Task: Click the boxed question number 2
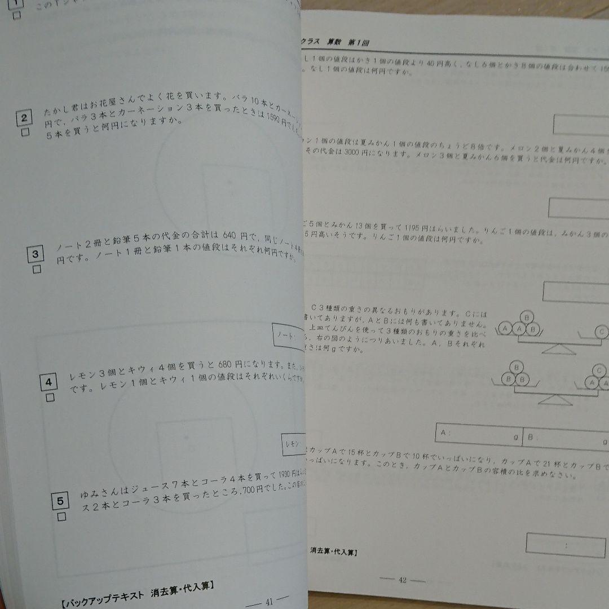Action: pyautogui.click(x=24, y=118)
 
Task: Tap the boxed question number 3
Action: pyautogui.click(x=36, y=255)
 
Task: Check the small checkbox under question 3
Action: pyautogui.click(x=37, y=270)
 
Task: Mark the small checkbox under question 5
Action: pyautogui.click(x=61, y=517)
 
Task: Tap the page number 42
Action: pyautogui.click(x=402, y=579)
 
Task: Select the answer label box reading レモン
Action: pyautogui.click(x=293, y=443)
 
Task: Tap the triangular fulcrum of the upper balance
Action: pyautogui.click(x=558, y=349)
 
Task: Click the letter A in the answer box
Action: pyautogui.click(x=444, y=434)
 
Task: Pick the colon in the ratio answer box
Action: pyautogui.click(x=565, y=545)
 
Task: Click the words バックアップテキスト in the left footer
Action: pyautogui.click(x=111, y=592)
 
